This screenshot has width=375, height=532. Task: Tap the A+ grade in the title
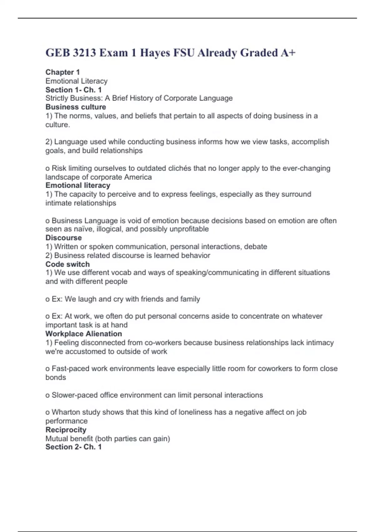click(287, 53)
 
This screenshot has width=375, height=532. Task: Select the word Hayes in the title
click(155, 53)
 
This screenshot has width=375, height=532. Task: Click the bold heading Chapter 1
click(62, 72)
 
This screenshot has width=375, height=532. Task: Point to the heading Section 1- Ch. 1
click(73, 90)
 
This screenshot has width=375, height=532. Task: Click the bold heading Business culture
click(76, 107)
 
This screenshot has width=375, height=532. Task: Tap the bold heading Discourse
click(63, 238)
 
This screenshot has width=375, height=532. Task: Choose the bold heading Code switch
click(67, 264)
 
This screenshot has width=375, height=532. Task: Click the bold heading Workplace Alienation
click(83, 334)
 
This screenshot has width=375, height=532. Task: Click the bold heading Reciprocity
click(66, 430)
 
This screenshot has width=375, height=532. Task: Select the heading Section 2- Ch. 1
click(73, 447)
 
